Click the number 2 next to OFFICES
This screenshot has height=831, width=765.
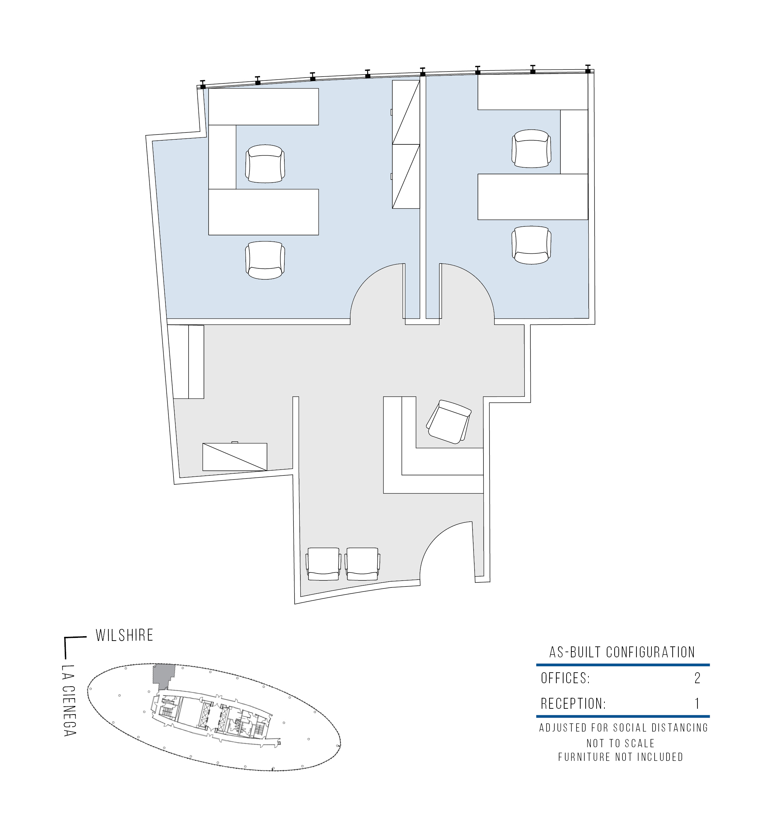697,678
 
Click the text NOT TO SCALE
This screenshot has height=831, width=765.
621,743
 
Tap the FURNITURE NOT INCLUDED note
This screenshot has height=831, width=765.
621,757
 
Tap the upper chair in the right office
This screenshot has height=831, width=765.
531,148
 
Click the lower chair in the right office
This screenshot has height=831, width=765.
531,245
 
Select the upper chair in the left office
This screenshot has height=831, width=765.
265,163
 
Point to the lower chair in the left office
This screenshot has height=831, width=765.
265,260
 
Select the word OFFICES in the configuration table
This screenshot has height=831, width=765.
566,678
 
